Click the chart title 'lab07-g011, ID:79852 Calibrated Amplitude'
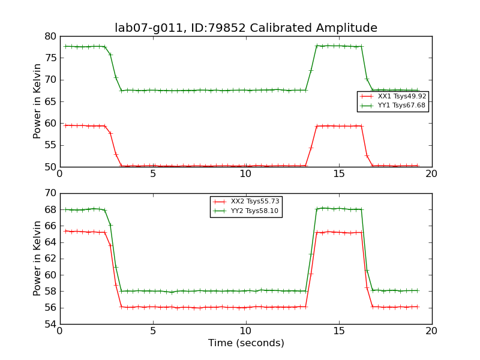tap(246, 28)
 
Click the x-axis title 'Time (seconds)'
tap(246, 343)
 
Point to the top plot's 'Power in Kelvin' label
tap(38, 101)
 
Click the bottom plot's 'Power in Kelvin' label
tap(38, 259)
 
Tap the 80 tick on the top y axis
tap(49, 36)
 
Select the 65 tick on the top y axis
tap(49, 101)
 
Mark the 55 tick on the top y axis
tap(49, 145)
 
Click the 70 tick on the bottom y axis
tap(49, 193)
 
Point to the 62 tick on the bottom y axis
tap(49, 259)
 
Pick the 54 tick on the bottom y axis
tap(49, 324)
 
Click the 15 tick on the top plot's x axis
tap(339, 174)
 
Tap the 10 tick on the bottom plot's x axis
tap(246, 331)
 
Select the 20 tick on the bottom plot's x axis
tap(432, 331)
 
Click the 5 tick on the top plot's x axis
tap(153, 174)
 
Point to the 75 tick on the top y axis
tap(49, 58)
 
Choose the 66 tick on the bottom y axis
tap(49, 226)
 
